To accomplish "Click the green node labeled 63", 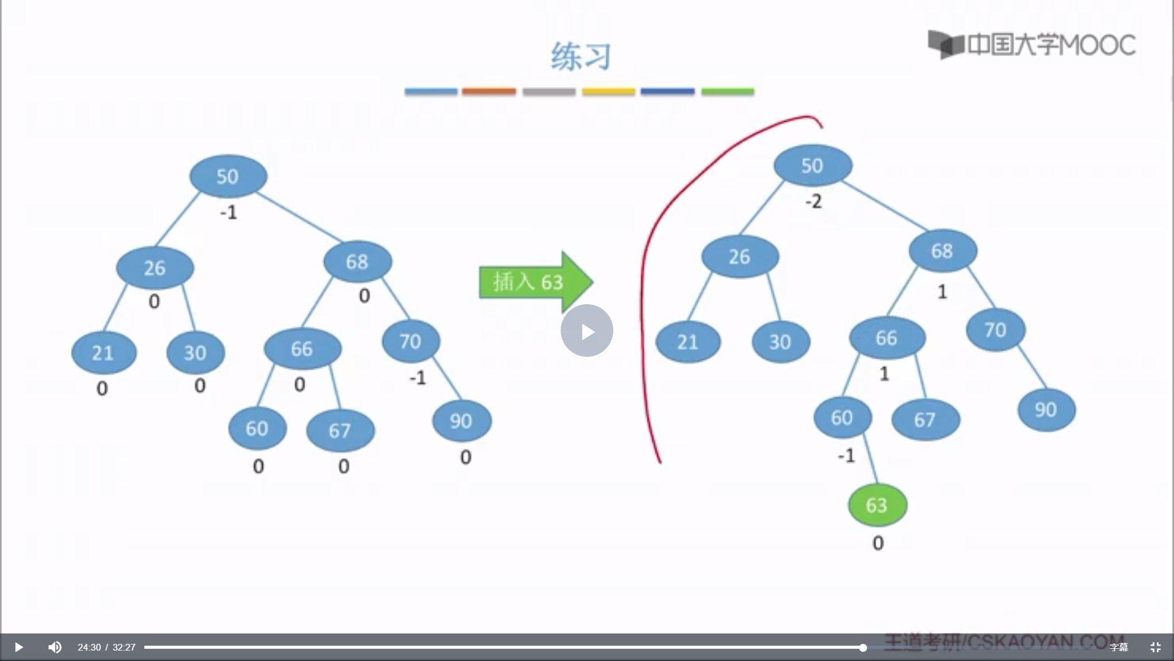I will pyautogui.click(x=877, y=505).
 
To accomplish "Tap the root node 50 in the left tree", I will pyautogui.click(x=228, y=176).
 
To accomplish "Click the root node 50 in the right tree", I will pyautogui.click(x=813, y=165).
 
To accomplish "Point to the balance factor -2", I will pyautogui.click(x=813, y=201).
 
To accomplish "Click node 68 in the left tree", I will pyautogui.click(x=358, y=262).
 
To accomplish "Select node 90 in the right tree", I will pyautogui.click(x=1046, y=409).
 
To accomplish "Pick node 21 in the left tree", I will pyautogui.click(x=103, y=353).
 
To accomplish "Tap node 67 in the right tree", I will pyautogui.click(x=925, y=419).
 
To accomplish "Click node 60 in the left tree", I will pyautogui.click(x=257, y=428).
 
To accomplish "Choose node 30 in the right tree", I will pyautogui.click(x=780, y=342).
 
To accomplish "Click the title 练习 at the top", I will pyautogui.click(x=580, y=57).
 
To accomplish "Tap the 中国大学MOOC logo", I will pyautogui.click(x=1032, y=45).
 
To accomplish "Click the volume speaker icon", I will pyautogui.click(x=54, y=647).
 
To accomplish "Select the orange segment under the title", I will pyautogui.click(x=489, y=92).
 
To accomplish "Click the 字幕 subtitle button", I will pyautogui.click(x=1119, y=647).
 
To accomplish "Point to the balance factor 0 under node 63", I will pyautogui.click(x=878, y=543).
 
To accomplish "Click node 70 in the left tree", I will pyautogui.click(x=410, y=341).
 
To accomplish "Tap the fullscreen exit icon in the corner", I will pyautogui.click(x=1155, y=647).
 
